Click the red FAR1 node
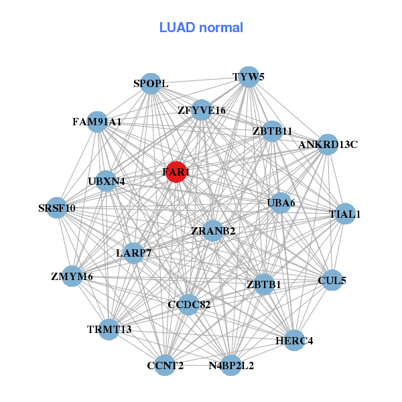click(176, 172)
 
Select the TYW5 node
click(249, 76)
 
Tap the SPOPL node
click(151, 84)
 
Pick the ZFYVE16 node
click(202, 110)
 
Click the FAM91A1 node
click(98, 122)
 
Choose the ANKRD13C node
click(328, 144)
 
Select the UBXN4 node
click(107, 180)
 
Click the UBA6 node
click(281, 202)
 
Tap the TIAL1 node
click(345, 214)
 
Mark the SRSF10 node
click(57, 208)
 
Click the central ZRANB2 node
click(213, 231)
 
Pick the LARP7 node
click(135, 253)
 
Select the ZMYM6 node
click(72, 276)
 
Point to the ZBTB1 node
click(264, 284)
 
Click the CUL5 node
click(333, 280)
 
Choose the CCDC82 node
click(189, 305)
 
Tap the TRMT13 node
click(109, 329)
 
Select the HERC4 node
click(295, 340)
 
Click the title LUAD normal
click(201, 27)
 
